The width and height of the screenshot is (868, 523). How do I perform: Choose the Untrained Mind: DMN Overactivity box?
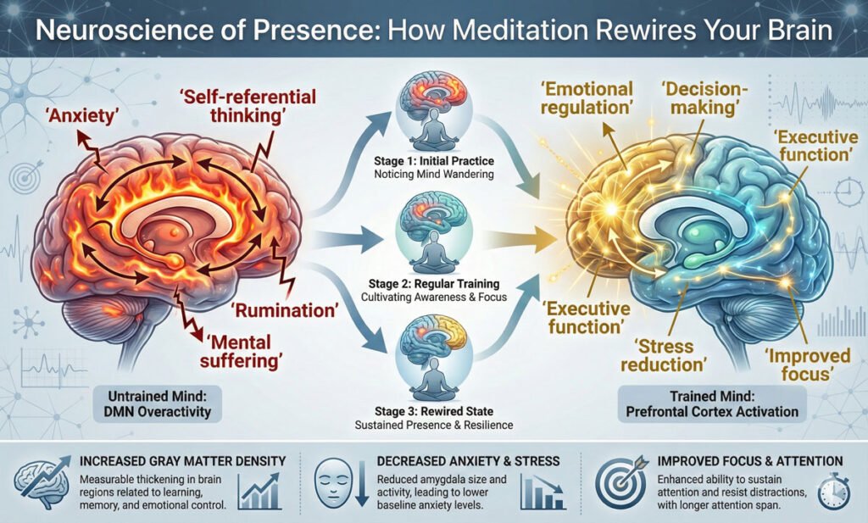click(159, 403)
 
